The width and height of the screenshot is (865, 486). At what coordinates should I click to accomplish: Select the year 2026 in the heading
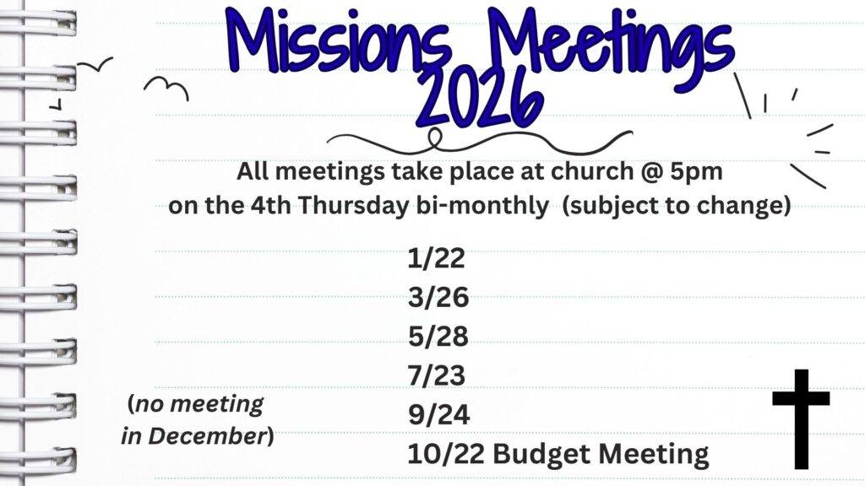[x=480, y=100]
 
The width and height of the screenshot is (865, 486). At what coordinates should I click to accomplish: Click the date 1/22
[x=437, y=258]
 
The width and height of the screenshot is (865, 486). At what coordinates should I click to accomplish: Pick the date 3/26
[x=438, y=298]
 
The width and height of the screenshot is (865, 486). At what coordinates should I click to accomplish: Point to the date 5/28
[x=438, y=337]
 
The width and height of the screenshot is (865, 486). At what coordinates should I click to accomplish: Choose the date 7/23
[x=437, y=375]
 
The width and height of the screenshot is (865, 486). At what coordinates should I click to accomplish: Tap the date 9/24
[x=439, y=415]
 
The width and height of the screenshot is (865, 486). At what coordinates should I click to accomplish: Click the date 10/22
[x=446, y=454]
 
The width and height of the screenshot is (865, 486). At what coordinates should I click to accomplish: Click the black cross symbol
[x=801, y=419]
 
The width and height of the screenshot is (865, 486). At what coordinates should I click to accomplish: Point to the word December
[x=208, y=436]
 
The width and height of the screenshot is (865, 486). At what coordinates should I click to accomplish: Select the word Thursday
[x=354, y=206]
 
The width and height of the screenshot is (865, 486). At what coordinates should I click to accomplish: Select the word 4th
[x=270, y=206]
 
